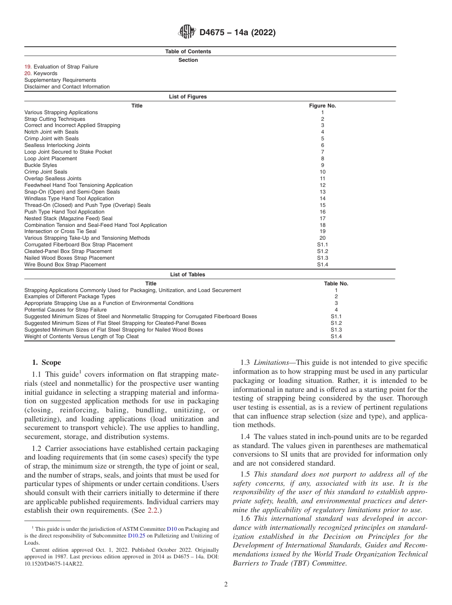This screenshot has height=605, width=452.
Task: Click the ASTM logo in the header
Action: pyautogui.click(x=187, y=32)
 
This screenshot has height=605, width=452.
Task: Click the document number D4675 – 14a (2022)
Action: pyautogui.click(x=237, y=33)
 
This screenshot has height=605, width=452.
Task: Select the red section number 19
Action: pyautogui.click(x=28, y=67)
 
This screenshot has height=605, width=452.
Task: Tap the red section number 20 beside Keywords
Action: pyautogui.click(x=28, y=74)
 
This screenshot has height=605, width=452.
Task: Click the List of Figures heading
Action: pyautogui.click(x=188, y=97)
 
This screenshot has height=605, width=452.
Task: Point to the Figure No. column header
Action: pyautogui.click(x=322, y=106)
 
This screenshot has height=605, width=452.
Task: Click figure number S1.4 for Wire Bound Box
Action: pyautogui.click(x=322, y=264)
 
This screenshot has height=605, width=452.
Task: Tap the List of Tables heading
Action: pyautogui.click(x=188, y=274)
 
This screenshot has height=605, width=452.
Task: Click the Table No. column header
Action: pyautogui.click(x=336, y=283)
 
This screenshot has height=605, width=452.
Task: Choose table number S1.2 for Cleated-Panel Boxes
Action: pyautogui.click(x=336, y=323)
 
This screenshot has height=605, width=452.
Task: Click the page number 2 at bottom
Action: pyautogui.click(x=226, y=585)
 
